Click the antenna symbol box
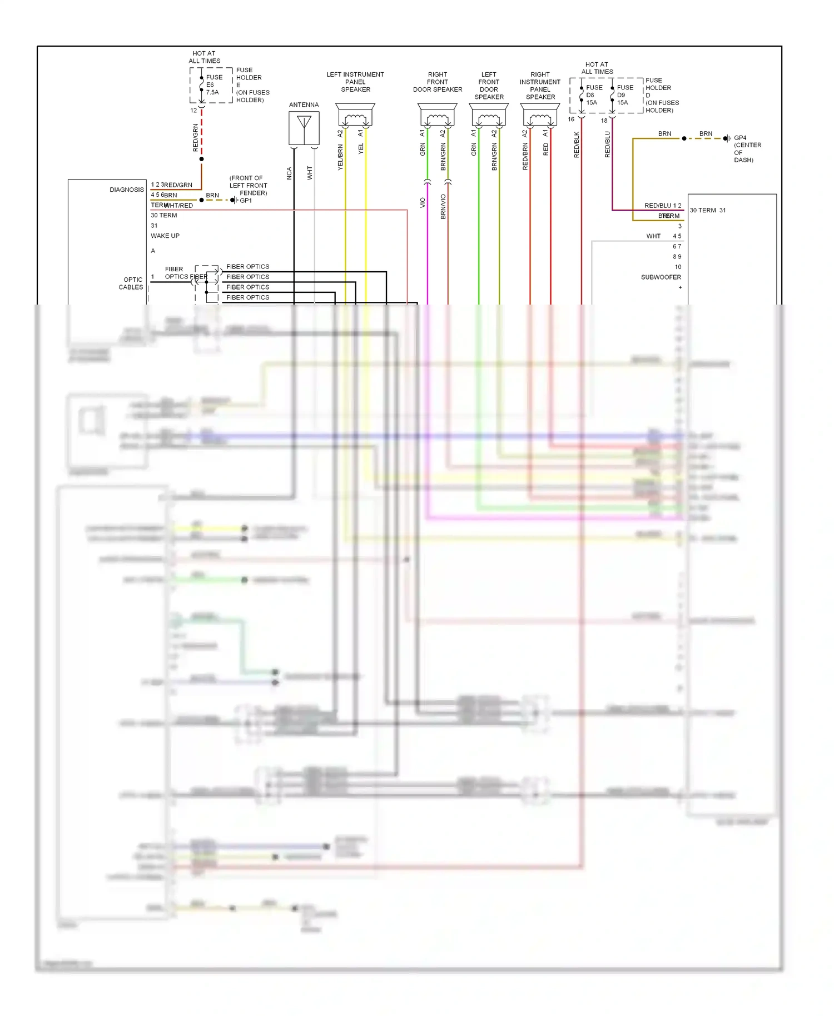click(x=304, y=128)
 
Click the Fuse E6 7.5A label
click(x=214, y=85)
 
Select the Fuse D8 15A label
click(x=594, y=95)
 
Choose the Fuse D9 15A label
click(x=624, y=95)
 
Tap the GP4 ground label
click(x=740, y=138)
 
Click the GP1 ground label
click(x=246, y=201)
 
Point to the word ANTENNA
click(x=304, y=105)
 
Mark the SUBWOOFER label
click(x=661, y=277)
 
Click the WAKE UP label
click(x=165, y=236)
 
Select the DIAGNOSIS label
click(x=127, y=190)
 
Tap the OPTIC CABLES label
click(x=131, y=283)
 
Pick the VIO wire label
click(x=423, y=203)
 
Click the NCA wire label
click(x=289, y=173)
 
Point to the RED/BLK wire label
click(x=577, y=145)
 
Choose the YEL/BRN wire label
click(x=340, y=157)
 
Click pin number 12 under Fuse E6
click(x=193, y=111)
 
